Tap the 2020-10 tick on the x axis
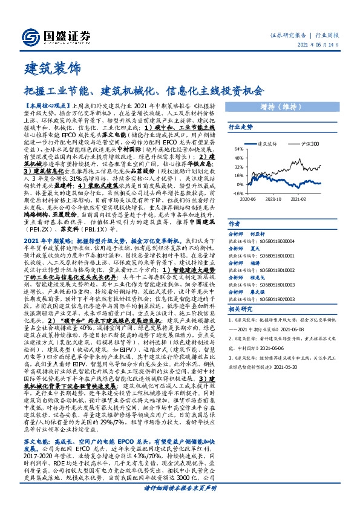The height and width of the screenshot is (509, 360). tap(273, 199)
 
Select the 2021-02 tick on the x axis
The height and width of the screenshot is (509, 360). tap(301, 199)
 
